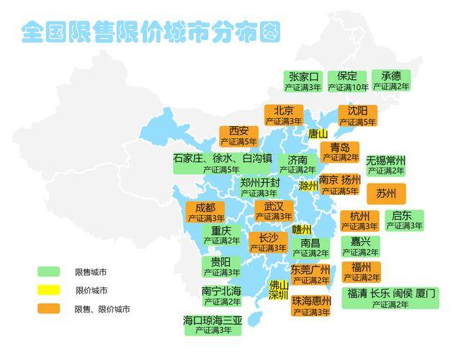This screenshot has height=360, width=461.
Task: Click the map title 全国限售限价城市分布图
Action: click(x=150, y=32)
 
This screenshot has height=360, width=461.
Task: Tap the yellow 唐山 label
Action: click(x=318, y=134)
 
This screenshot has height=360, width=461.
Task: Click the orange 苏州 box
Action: click(x=386, y=194)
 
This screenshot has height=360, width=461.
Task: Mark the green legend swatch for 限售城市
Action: click(x=48, y=272)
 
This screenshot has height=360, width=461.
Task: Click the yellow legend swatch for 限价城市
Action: click(x=48, y=290)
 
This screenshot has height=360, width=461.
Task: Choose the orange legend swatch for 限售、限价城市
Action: click(x=48, y=308)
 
